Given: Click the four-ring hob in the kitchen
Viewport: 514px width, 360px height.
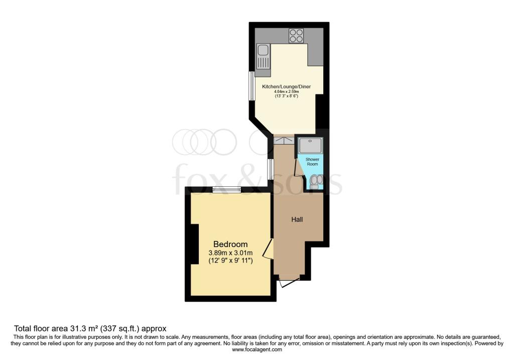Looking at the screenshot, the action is point(296,36).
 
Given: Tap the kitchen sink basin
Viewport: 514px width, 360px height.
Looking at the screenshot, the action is point(263,50).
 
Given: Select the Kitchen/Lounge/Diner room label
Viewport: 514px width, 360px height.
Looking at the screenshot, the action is point(286,86).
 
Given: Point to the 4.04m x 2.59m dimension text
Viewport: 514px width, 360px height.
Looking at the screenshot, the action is point(286,92).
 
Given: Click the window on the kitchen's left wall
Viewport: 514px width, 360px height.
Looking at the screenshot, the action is point(251,86).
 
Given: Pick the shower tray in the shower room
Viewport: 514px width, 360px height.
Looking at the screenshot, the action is point(310,145).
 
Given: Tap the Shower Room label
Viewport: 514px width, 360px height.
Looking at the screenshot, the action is point(312,162).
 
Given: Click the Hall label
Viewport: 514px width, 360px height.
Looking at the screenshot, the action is point(297,220).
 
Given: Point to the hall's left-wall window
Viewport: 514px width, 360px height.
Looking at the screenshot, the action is point(270,169).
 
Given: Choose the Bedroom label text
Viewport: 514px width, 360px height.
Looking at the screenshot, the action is point(230,244).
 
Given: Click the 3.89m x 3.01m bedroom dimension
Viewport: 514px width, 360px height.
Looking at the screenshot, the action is point(230,253).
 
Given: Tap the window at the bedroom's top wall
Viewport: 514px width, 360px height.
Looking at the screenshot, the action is point(226,189).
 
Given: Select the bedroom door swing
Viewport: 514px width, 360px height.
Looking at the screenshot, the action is point(268,249).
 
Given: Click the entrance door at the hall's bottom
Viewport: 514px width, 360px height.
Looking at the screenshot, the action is point(289,281).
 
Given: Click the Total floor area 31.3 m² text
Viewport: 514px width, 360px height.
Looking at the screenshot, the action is point(90,328).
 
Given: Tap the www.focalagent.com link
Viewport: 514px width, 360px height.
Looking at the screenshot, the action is point(257,350).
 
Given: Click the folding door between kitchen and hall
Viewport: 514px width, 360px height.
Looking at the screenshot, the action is point(284,141).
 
